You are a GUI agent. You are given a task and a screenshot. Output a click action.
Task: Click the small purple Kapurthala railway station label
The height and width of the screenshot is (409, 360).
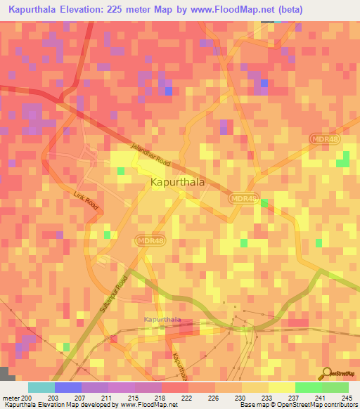162,320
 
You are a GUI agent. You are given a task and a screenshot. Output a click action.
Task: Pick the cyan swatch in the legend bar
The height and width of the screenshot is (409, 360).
41,387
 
